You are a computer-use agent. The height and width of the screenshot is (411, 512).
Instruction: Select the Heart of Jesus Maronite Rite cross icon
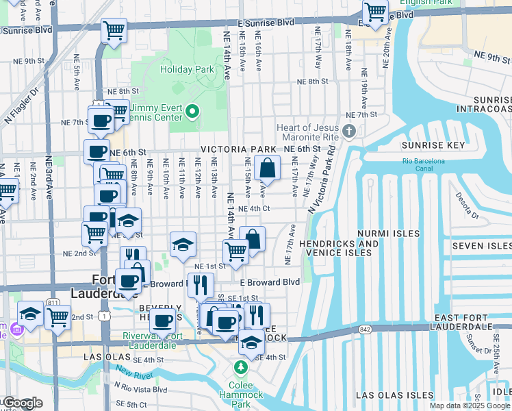(x=350, y=131)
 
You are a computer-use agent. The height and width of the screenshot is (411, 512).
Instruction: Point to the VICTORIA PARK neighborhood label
(x=238, y=149)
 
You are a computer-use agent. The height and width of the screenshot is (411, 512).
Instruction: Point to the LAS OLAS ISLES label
(x=394, y=395)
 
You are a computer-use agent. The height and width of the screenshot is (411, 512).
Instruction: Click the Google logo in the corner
(x=22, y=403)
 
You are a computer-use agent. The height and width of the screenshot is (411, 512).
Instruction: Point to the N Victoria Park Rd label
(x=323, y=179)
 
